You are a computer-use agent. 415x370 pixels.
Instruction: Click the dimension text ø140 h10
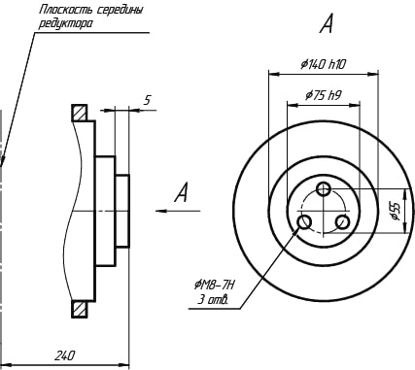coord(323,65)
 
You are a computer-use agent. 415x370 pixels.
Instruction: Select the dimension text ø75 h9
coord(323,95)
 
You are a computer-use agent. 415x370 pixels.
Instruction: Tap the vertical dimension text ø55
coord(397,211)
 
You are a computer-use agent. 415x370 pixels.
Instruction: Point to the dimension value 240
coord(64,355)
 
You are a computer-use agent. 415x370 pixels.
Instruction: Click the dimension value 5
coord(148,100)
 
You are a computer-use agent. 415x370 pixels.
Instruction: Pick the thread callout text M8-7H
coord(215,286)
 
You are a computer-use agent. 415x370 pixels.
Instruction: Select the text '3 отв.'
coord(213,300)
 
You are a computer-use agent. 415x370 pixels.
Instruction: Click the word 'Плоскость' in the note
coord(65,10)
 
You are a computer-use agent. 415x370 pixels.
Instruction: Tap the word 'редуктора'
coord(65,23)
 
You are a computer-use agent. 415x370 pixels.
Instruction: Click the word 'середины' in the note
coord(120,10)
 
